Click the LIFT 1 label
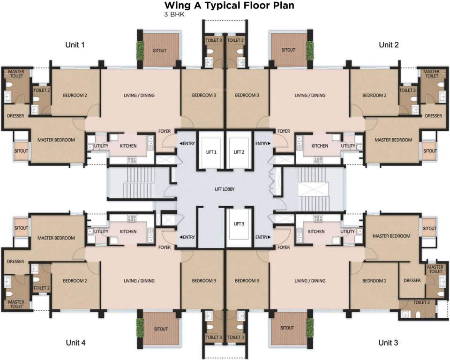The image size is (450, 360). [x=211, y=152]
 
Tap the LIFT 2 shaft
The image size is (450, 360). [x=239, y=153]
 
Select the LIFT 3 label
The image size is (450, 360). [x=239, y=224]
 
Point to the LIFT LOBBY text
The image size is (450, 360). [x=225, y=189]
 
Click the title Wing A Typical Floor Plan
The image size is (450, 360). [x=229, y=5]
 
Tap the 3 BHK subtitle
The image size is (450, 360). [x=174, y=15]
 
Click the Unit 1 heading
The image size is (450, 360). [x=75, y=45]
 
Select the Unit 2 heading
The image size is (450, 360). [x=389, y=45]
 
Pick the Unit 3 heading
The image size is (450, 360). [x=388, y=343]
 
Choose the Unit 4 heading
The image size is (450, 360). [x=75, y=343]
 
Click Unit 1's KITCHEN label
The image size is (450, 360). [x=128, y=146]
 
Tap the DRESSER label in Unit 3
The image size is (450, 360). [x=412, y=280]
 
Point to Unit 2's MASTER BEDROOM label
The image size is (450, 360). [x=393, y=140]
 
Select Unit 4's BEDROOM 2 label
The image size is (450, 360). [x=75, y=281]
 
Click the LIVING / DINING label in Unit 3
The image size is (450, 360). [x=310, y=281]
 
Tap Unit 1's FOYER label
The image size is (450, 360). [x=165, y=131]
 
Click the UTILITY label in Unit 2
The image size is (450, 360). [x=348, y=146]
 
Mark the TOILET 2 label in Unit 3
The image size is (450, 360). [x=421, y=302]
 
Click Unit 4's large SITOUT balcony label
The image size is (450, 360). [x=161, y=329]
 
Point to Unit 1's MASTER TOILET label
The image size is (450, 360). [x=16, y=74]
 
